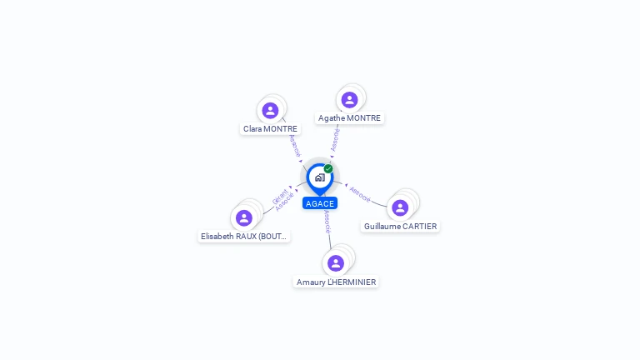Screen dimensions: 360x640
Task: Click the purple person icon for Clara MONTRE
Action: (270, 110)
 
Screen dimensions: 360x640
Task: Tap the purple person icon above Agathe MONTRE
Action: (349, 100)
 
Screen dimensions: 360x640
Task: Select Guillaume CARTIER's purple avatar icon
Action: (400, 207)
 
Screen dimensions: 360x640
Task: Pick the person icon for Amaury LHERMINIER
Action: (336, 263)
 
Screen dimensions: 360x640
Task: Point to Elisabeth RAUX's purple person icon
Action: (244, 218)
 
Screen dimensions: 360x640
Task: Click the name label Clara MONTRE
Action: (270, 129)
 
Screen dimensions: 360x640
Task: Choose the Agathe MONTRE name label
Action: (349, 118)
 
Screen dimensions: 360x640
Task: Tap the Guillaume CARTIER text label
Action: (400, 227)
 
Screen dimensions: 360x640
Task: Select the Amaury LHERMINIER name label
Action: (336, 282)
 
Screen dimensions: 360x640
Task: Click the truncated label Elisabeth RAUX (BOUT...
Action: (244, 237)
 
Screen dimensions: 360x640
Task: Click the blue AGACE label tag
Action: (320, 204)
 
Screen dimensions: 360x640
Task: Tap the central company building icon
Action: (319, 177)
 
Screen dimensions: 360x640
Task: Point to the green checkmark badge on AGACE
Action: (328, 169)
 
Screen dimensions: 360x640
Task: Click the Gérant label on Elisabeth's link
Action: (279, 197)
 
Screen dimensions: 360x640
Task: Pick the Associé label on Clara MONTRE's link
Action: (295, 146)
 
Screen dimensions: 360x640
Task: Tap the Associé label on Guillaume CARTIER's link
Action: (360, 193)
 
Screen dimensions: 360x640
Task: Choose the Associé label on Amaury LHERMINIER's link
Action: (327, 221)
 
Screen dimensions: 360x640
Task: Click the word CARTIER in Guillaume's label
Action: (419, 227)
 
